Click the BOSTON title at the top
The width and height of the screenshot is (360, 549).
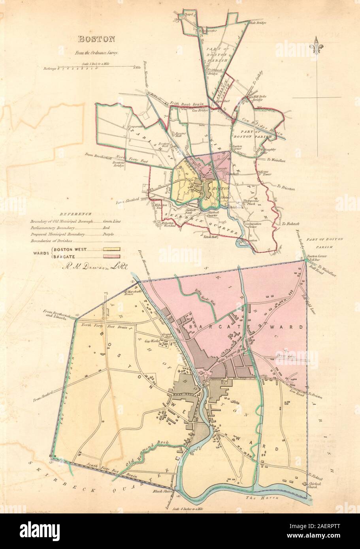point(96,39)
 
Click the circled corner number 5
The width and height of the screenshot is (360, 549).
point(51,462)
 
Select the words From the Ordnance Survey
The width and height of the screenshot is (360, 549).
point(96,52)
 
